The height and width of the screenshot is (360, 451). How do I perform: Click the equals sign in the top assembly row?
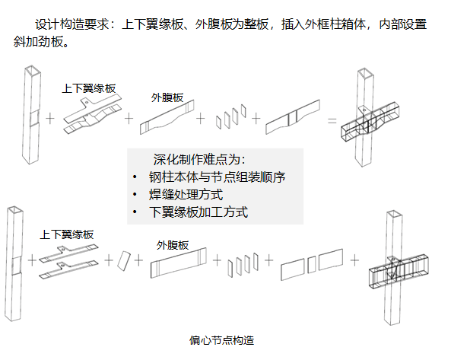coord(332,120)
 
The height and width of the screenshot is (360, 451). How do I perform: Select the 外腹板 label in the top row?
coord(167,97)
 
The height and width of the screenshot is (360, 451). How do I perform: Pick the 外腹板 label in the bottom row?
coord(173,245)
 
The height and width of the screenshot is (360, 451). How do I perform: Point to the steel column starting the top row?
coord(30,114)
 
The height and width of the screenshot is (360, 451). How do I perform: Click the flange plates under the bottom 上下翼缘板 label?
coord(68,256)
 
